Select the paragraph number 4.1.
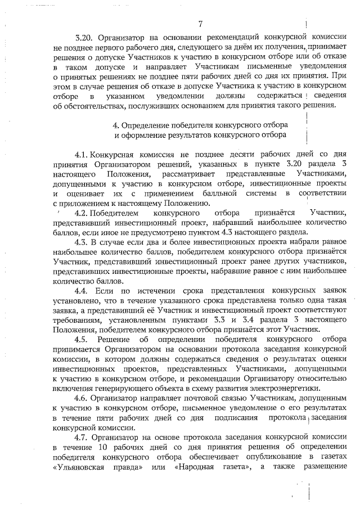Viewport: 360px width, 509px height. pyautogui.click(x=83, y=154)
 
